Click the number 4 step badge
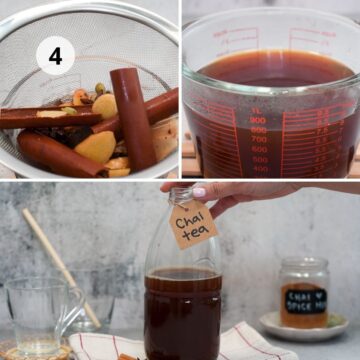(x=55, y=56)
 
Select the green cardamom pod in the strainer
(x=99, y=88)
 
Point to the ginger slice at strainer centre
(x=103, y=105)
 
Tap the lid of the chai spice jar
(x=304, y=265)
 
